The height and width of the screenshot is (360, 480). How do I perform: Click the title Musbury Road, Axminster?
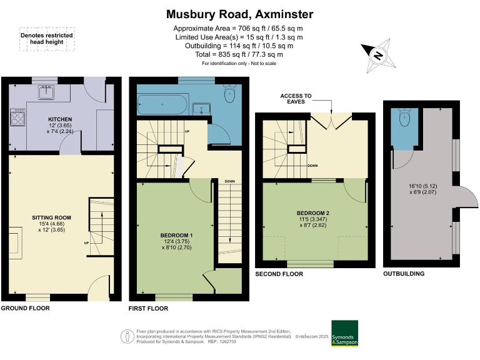point(240,14)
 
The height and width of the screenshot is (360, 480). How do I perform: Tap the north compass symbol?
point(377,55)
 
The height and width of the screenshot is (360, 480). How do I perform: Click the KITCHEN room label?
point(61,119)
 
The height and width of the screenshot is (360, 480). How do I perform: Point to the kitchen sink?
point(46,92)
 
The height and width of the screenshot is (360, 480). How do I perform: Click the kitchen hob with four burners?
point(17,117)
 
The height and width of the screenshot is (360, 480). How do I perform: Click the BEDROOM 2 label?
point(314,213)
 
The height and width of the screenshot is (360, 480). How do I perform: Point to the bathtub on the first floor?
point(162,104)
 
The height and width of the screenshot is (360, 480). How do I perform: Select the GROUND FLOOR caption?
point(25,309)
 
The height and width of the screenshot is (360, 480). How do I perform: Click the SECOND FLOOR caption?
point(279,274)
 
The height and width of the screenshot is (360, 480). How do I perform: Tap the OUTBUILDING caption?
point(404,274)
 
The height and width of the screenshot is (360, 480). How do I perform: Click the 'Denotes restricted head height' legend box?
point(46,39)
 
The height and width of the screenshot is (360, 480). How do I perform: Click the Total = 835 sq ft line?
point(240,54)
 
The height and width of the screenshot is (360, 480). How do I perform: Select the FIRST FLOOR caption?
point(149,309)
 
